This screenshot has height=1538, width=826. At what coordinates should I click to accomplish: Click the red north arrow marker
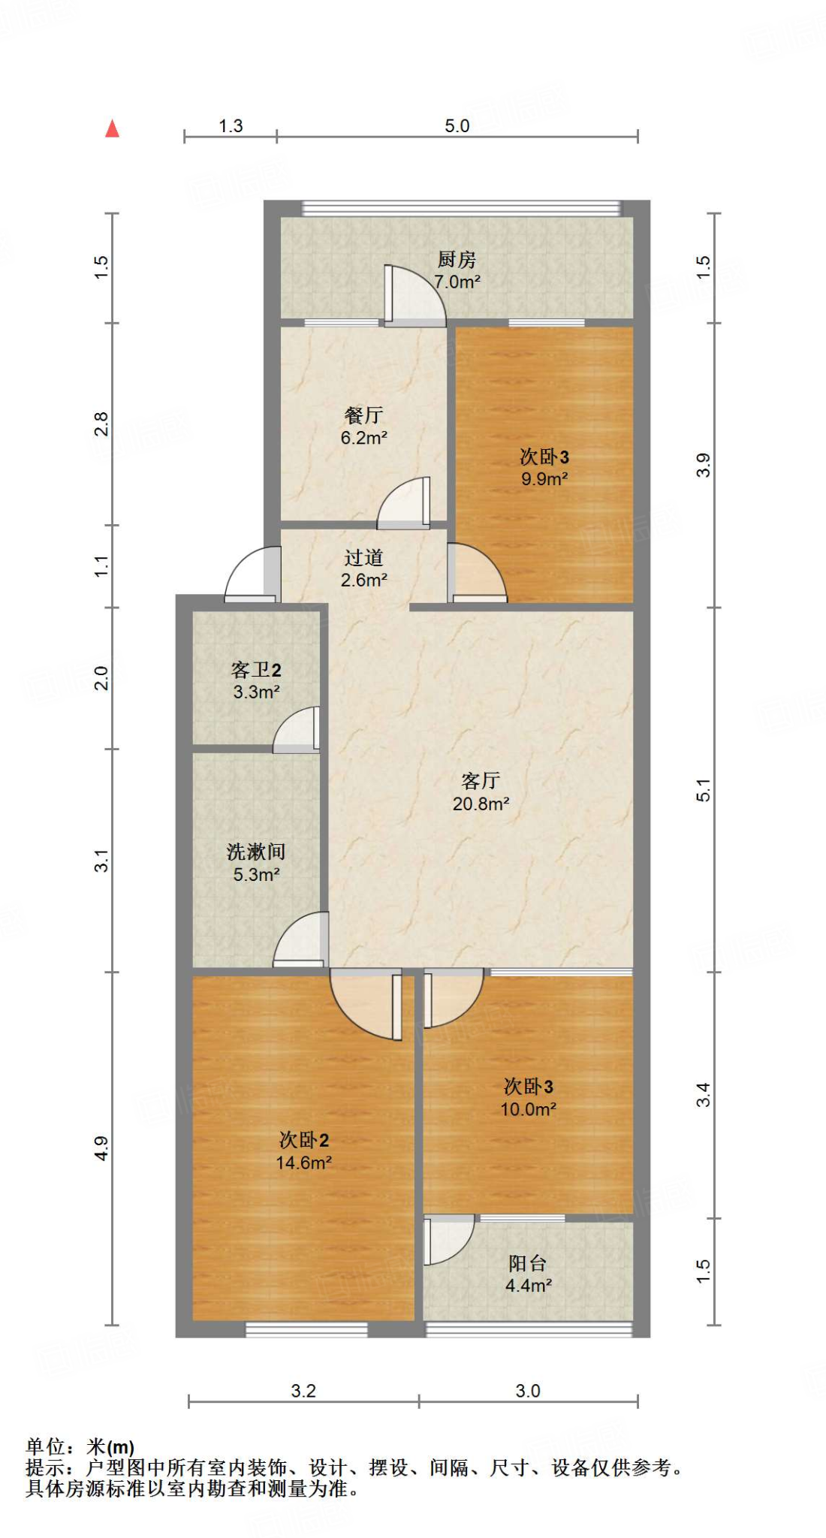tap(112, 129)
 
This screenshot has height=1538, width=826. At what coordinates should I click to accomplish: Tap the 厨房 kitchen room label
tap(457, 260)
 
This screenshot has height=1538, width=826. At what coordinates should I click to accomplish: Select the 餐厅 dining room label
tap(363, 415)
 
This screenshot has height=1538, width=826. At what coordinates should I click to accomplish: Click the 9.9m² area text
tap(544, 479)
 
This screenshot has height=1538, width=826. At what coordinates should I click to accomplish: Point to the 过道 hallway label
tap(363, 558)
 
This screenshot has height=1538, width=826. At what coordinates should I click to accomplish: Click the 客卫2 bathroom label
tap(256, 670)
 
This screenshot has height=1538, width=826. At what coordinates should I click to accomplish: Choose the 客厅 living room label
tap(481, 781)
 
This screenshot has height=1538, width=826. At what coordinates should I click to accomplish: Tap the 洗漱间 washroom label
tap(256, 852)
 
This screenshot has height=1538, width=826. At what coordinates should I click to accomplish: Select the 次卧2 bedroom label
tap(303, 1140)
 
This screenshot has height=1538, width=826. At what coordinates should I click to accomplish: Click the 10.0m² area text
tap(528, 1109)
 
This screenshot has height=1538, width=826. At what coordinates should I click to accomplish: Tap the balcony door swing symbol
tap(448, 1239)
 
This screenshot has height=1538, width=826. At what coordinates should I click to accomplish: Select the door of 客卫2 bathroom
tap(297, 729)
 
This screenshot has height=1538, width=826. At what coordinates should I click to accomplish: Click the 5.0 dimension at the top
tap(457, 126)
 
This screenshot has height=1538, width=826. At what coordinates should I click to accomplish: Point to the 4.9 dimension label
tap(101, 1148)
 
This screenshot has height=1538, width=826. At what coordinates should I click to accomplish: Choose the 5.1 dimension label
tap(703, 790)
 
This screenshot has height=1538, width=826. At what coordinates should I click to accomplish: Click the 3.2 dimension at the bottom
tap(303, 1391)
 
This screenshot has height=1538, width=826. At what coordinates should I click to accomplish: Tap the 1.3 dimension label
tap(231, 126)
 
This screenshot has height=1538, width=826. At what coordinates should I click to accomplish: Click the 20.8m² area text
tap(481, 804)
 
